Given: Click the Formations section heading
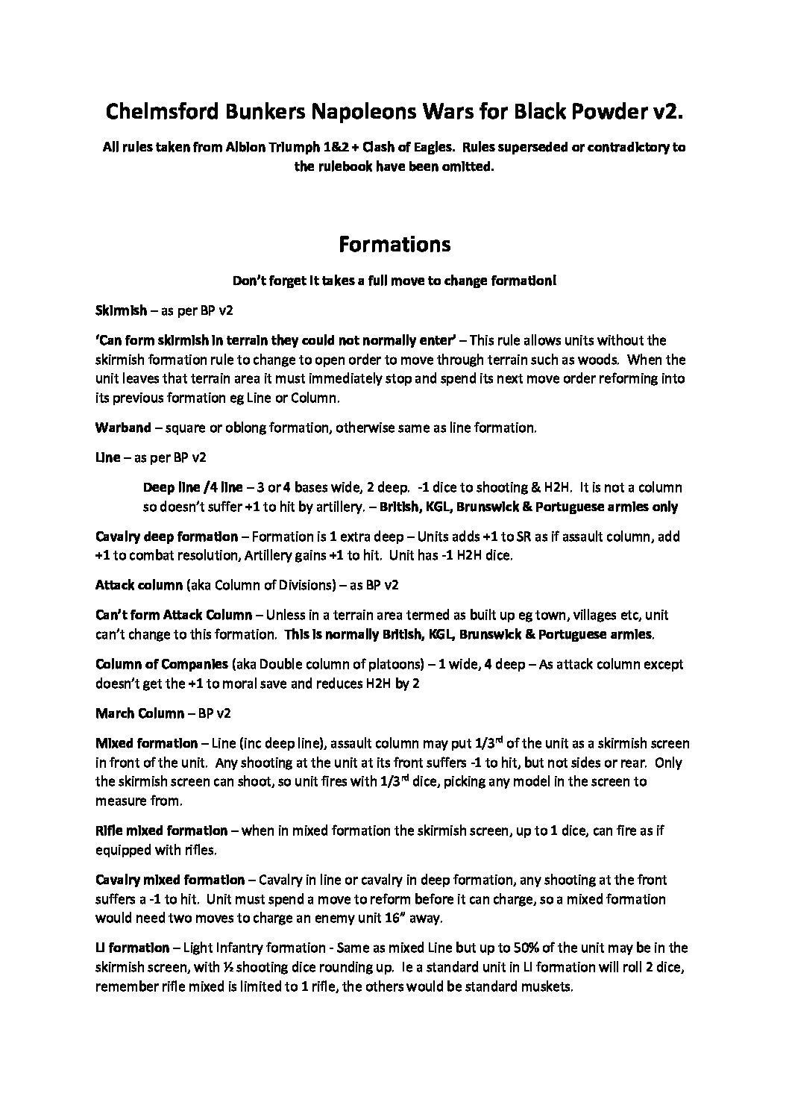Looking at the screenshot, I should pyautogui.click(x=394, y=244).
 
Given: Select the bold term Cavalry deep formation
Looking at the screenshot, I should pyautogui.click(x=166, y=536).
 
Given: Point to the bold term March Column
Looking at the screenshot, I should pyautogui.click(x=139, y=713).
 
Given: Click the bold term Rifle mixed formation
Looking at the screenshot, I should pyautogui.click(x=161, y=830).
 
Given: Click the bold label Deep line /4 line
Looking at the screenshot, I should pyautogui.click(x=192, y=487).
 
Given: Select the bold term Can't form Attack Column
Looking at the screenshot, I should pyautogui.click(x=174, y=616).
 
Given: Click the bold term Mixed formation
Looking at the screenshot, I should pyautogui.click(x=146, y=743).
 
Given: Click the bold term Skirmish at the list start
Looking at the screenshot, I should pyautogui.click(x=121, y=309).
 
